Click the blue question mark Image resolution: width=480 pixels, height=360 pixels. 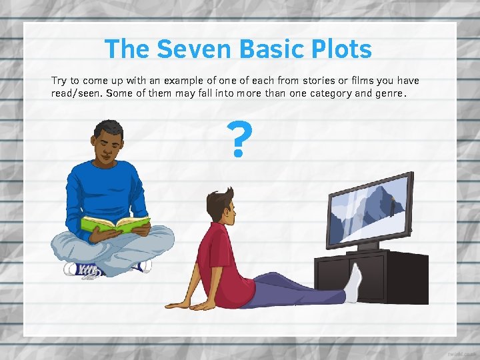click(239, 140)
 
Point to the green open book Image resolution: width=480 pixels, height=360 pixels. click(115, 225)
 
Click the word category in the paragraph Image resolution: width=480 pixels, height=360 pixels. click(330, 93)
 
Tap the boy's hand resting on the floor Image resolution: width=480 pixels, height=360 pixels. click(181, 305)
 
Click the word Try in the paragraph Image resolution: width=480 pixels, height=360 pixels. click(59, 81)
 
